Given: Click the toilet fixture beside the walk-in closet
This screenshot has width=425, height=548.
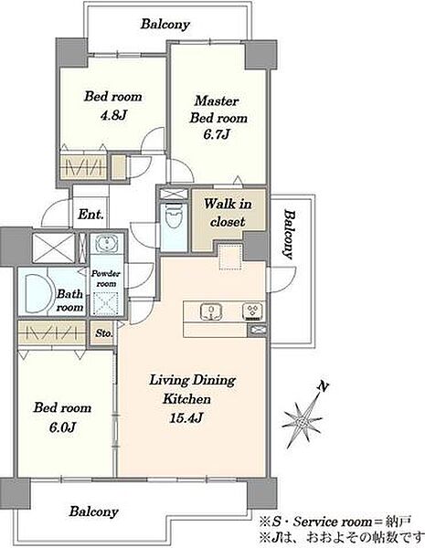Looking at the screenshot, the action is [x=174, y=215].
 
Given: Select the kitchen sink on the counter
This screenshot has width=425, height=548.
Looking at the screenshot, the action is [x=212, y=311].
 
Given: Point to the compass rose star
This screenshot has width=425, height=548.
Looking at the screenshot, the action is [x=302, y=423].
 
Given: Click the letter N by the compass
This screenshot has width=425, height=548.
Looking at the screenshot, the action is [x=324, y=386].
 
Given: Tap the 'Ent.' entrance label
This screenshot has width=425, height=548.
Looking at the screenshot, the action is [x=90, y=214].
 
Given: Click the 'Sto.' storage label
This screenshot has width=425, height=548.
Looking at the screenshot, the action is [x=104, y=333].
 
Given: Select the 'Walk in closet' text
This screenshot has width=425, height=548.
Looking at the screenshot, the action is [x=228, y=213].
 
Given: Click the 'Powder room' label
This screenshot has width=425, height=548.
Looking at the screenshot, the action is [x=106, y=279].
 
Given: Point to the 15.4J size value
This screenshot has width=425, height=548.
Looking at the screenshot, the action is [x=186, y=417].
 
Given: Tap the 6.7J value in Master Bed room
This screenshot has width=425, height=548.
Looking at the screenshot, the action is [x=217, y=134].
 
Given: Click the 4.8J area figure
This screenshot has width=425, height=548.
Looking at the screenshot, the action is [x=113, y=115].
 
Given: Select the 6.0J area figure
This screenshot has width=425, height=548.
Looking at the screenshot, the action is [x=63, y=427].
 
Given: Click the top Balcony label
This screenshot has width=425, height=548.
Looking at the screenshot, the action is [x=165, y=24].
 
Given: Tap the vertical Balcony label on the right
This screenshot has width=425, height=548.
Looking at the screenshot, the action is [x=288, y=234].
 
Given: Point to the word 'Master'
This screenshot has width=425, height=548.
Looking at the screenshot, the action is [x=217, y=100].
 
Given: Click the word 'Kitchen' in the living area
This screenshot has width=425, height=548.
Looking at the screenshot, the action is [x=186, y=399].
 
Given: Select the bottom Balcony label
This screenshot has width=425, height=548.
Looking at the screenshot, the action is [x=93, y=511].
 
